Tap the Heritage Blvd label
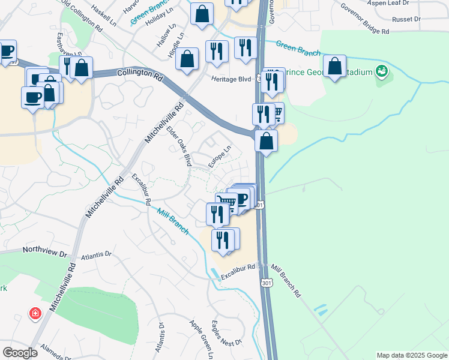coord(231,79)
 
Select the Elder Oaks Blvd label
coord(179,146)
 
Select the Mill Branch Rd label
coord(286,281)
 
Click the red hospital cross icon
coord(35,314)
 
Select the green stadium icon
coord(380,71)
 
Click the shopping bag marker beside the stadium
coord(334,67)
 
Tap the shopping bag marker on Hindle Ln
coord(188,59)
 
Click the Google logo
coord(20,353)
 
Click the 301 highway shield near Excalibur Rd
coord(265,282)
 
